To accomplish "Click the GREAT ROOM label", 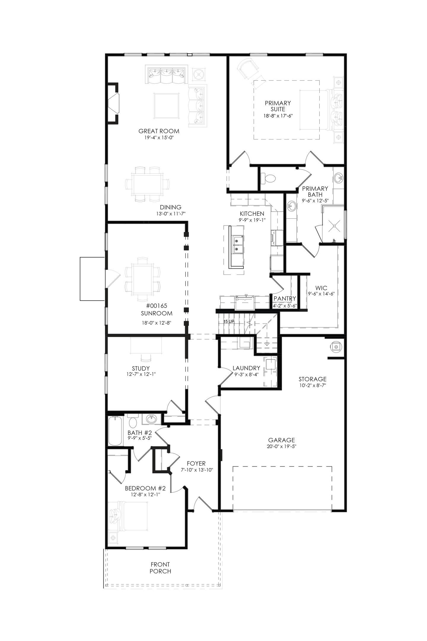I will [159, 131].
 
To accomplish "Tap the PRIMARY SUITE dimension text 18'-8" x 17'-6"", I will [278, 116].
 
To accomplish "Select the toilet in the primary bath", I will [268, 178].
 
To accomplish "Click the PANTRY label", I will [285, 298].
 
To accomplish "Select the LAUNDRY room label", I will [246, 368].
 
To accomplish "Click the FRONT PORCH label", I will [160, 568].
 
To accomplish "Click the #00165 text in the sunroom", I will [157, 305].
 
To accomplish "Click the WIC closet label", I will [321, 288].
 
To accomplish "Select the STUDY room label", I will [141, 368].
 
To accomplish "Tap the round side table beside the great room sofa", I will [197, 74].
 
